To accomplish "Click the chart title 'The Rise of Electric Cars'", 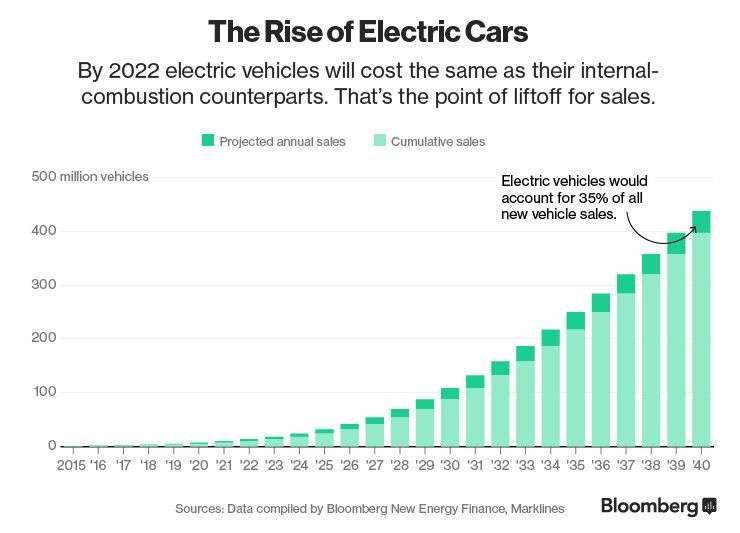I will pyautogui.click(x=368, y=31).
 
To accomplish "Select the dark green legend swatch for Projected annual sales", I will pyautogui.click(x=207, y=141).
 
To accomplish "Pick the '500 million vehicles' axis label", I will pyautogui.click(x=90, y=177).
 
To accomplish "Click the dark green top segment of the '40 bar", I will pyautogui.click(x=700, y=221).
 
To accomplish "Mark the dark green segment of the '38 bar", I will pyautogui.click(x=651, y=264).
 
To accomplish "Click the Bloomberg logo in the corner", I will pyautogui.click(x=657, y=507).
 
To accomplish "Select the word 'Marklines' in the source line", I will pyautogui.click(x=535, y=509).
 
